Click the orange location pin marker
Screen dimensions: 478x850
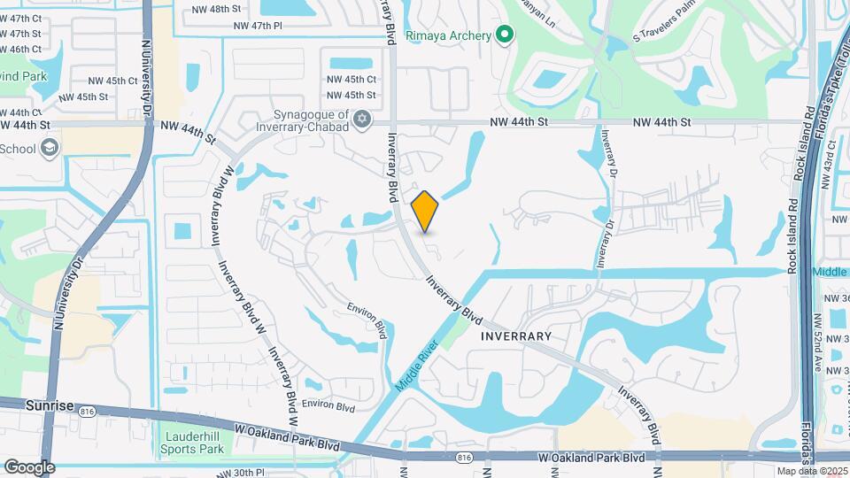(425, 211)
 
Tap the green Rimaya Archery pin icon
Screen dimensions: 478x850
(505, 35)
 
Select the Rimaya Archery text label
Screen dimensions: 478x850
(448, 35)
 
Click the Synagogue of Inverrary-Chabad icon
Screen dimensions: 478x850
(360, 119)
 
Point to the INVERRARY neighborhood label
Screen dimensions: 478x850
(516, 336)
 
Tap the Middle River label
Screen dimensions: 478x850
(417, 366)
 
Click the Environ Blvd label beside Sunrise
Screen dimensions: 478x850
(328, 407)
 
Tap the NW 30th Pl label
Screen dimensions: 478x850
(257, 473)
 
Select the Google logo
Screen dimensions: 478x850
(28, 466)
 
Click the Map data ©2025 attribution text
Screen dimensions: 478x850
(812, 471)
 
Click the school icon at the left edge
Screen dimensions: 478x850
(50, 147)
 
